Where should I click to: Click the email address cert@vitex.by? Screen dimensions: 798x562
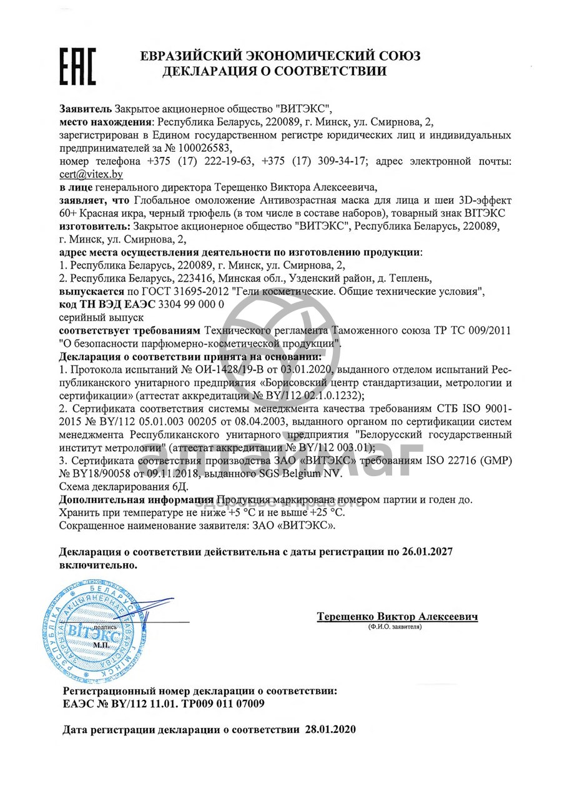(91, 174)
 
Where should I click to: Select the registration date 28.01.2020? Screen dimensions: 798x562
(330, 729)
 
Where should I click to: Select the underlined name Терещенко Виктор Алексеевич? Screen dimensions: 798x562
(397, 616)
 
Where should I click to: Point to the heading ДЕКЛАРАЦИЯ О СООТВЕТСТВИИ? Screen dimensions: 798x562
(274, 71)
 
